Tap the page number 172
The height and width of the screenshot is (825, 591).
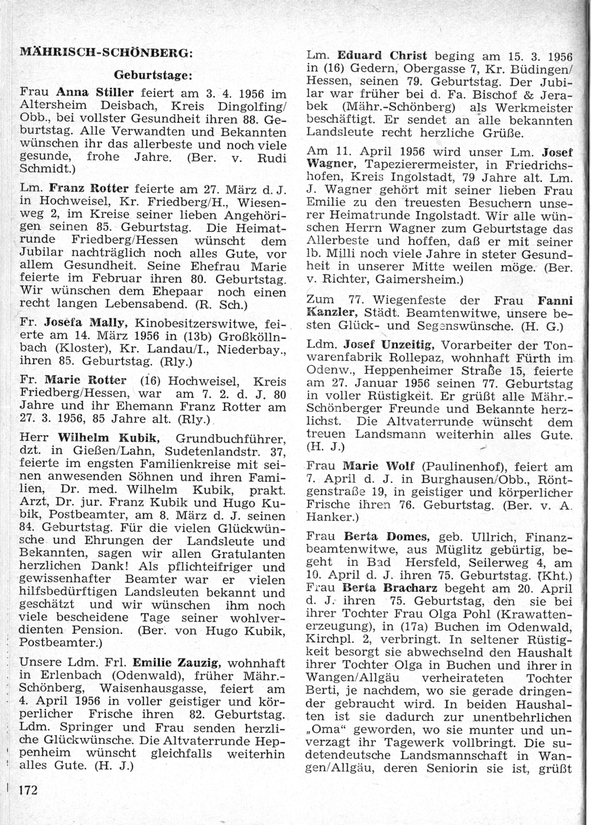coord(30,789)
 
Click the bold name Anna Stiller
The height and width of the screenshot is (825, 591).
coord(94,94)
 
